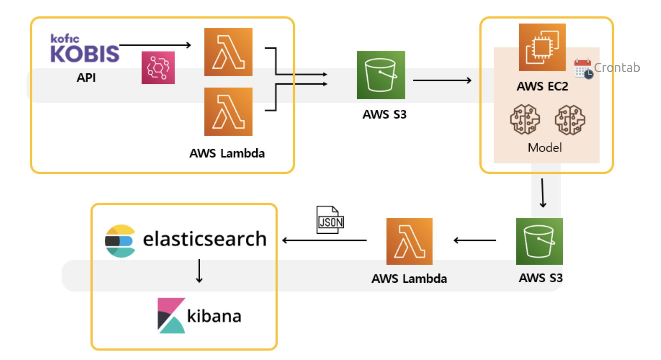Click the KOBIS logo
pyautogui.click(x=84, y=49)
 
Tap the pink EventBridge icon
pyautogui.click(x=158, y=68)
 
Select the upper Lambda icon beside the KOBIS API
pyautogui.click(x=228, y=52)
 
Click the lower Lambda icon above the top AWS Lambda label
pyautogui.click(x=228, y=112)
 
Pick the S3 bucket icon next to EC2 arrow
pyautogui.click(x=381, y=75)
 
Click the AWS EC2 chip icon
pyautogui.click(x=542, y=47)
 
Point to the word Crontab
pyautogui.click(x=617, y=68)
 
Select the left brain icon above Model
pyautogui.click(x=525, y=120)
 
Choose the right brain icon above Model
pyautogui.click(x=570, y=120)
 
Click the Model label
pyautogui.click(x=545, y=148)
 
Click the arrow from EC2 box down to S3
pyautogui.click(x=543, y=193)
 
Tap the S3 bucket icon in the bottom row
pyautogui.click(x=539, y=241)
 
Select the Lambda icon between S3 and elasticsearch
pyautogui.click(x=409, y=241)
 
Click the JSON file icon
pyautogui.click(x=330, y=220)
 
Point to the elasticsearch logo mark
pyautogui.click(x=120, y=241)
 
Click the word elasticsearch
pyautogui.click(x=205, y=239)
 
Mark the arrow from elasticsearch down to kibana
pyautogui.click(x=199, y=271)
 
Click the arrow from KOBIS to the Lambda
pyautogui.click(x=155, y=45)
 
